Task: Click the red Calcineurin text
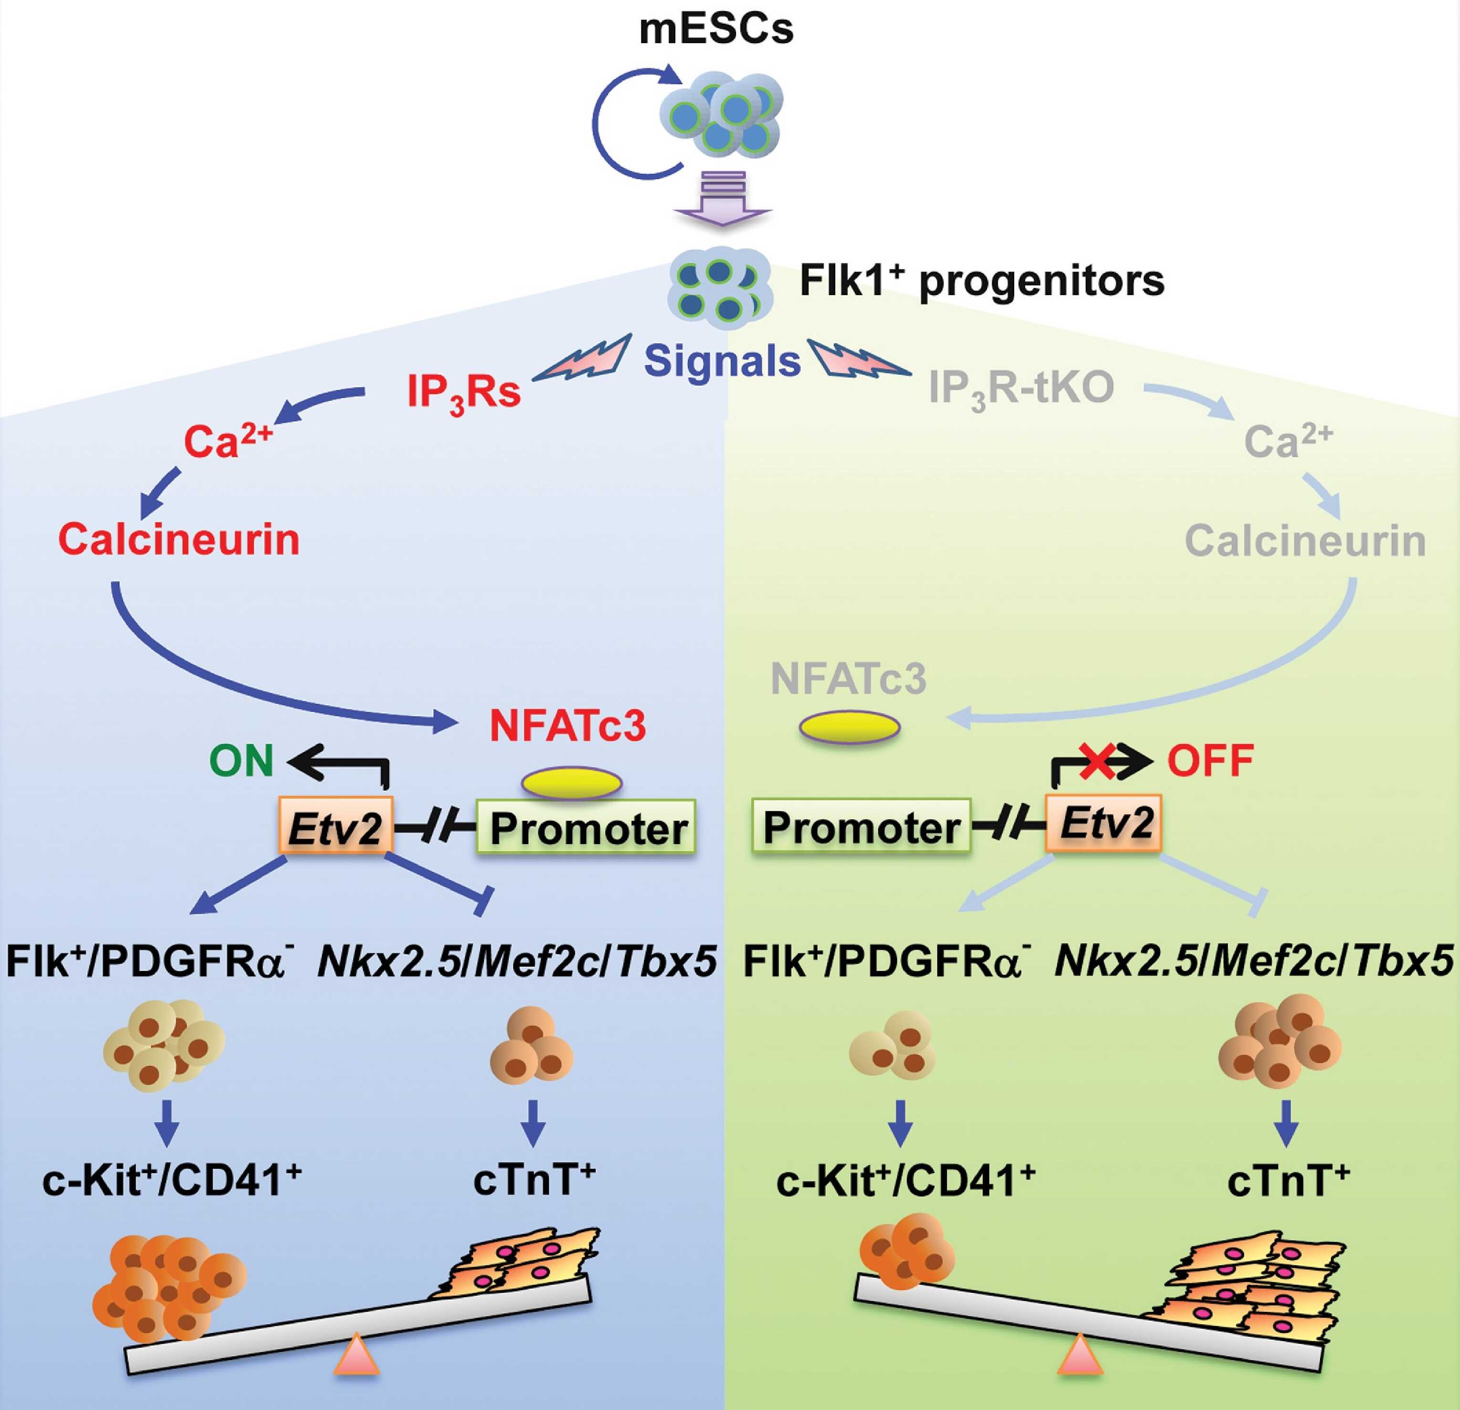pyautogui.click(x=179, y=539)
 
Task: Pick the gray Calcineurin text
pyautogui.click(x=1305, y=541)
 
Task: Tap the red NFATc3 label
pyautogui.click(x=568, y=726)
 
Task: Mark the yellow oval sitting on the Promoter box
pyautogui.click(x=571, y=783)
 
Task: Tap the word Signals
pyautogui.click(x=722, y=361)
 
